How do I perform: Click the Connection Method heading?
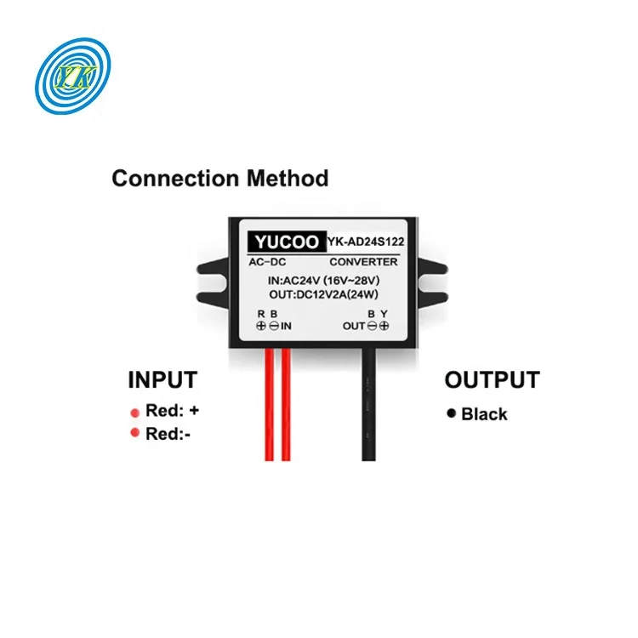click(219, 179)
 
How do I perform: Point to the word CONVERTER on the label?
click(363, 262)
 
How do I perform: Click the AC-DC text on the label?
click(271, 262)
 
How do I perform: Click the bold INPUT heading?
click(162, 379)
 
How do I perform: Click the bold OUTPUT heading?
click(492, 379)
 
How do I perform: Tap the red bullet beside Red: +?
click(134, 413)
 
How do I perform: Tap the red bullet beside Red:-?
click(134, 434)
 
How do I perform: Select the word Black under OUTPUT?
click(484, 414)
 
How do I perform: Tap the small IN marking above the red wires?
click(287, 326)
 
